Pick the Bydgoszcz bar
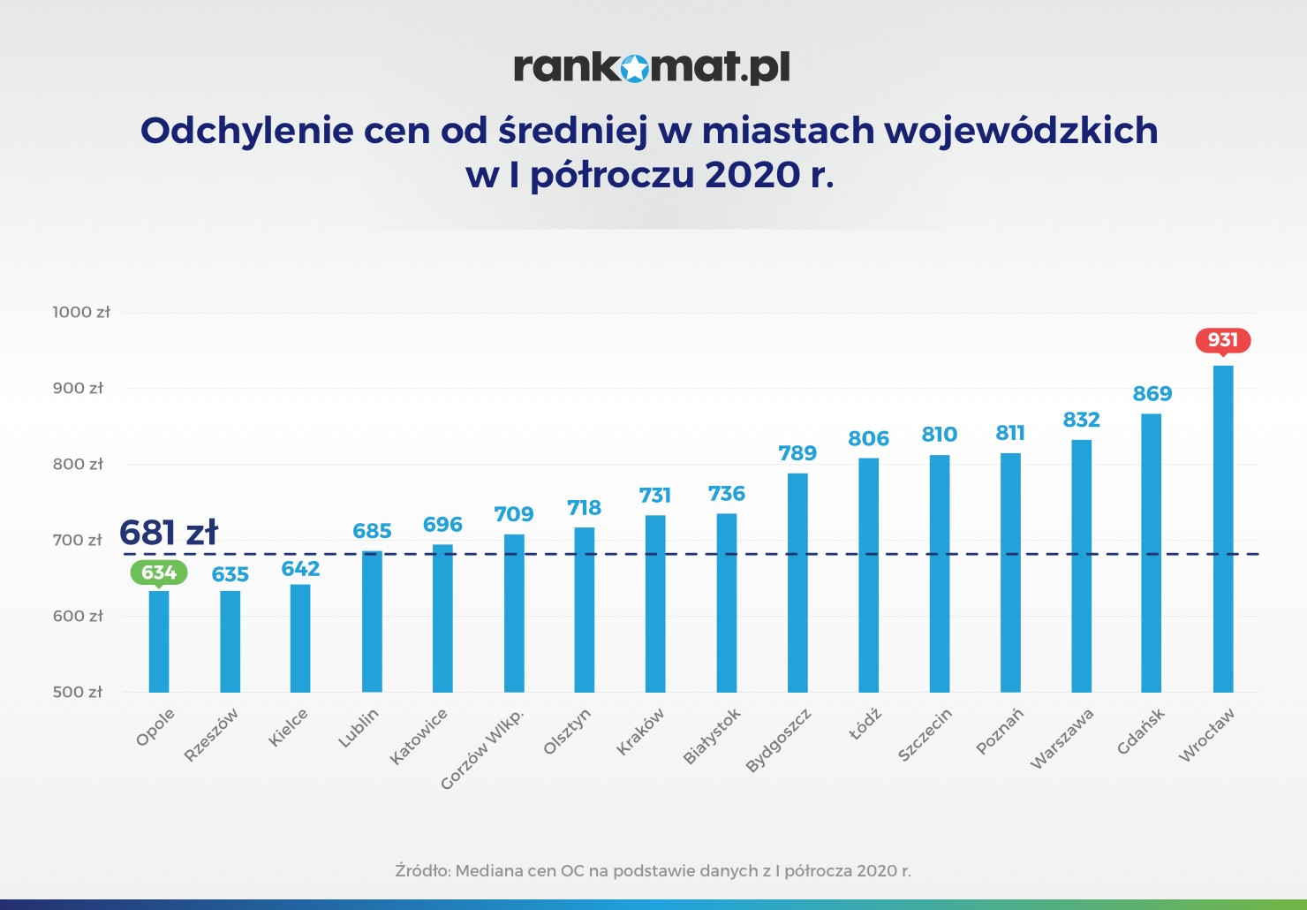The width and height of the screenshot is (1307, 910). point(797,582)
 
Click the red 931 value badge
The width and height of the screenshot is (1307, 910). point(1223,340)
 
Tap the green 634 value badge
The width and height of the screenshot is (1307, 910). point(159,573)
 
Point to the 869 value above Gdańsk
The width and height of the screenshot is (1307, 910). point(1152,394)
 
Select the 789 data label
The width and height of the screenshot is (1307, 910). point(797,453)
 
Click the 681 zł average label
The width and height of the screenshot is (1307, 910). point(168,533)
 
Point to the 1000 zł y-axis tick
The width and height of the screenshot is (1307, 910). point(80,312)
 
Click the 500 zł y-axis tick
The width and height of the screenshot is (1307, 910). point(77,692)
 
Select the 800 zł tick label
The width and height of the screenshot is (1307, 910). point(77,464)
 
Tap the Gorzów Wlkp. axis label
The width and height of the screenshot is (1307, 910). point(482,748)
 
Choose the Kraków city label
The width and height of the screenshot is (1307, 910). point(640,732)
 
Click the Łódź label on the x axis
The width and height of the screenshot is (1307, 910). point(865,724)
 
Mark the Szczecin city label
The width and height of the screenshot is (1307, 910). point(925,734)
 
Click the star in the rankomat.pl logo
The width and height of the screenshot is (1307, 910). point(634,68)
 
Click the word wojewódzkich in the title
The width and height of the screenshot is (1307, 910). point(1021,131)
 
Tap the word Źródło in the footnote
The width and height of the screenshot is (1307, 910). point(421,870)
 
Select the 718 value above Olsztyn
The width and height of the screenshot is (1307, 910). point(584,508)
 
